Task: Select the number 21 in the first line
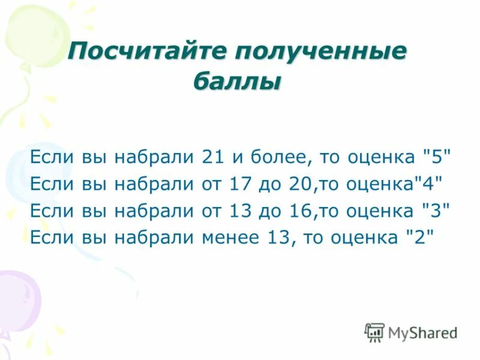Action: coord(214,158)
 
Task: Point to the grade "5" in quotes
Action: coord(436,158)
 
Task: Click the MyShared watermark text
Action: coord(422,332)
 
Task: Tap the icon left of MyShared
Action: coord(375,332)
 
